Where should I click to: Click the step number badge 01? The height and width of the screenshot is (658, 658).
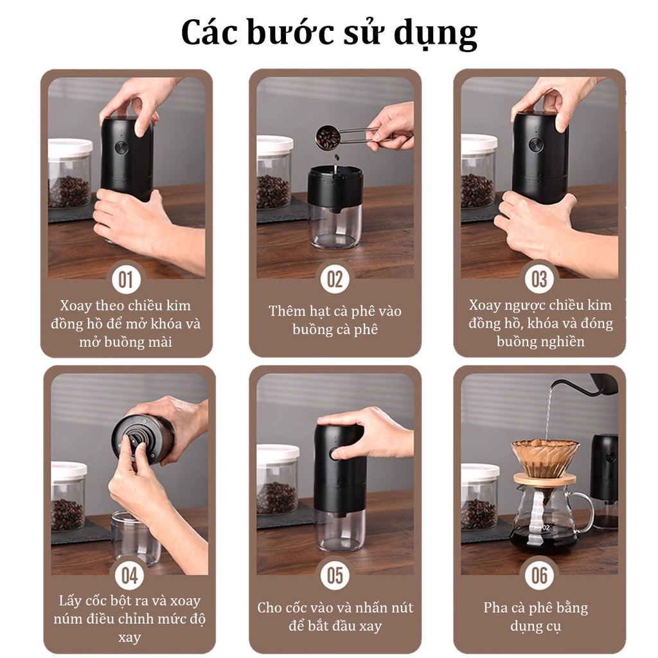[x=126, y=280]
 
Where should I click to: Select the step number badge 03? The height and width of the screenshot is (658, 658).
[x=539, y=280]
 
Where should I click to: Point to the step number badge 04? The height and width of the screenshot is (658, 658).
[x=129, y=575]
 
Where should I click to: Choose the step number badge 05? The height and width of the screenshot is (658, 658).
[x=335, y=575]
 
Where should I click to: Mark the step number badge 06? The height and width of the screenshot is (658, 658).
[x=539, y=575]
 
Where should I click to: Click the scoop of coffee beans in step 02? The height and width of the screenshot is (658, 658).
[x=328, y=137]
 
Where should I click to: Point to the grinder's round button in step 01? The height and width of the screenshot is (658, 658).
[x=121, y=148]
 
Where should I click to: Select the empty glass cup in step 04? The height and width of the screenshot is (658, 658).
[x=135, y=538]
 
